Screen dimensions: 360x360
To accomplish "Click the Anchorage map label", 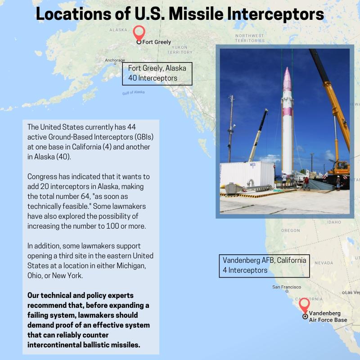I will coord(115,60).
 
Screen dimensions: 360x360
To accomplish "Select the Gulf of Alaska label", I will coord(133,93).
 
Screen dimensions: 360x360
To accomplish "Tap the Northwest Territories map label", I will coord(250,38).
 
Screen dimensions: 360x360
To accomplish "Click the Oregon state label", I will coord(290,230).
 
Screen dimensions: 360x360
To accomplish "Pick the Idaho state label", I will coord(334,222).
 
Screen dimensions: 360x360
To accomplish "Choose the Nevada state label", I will coord(324,263).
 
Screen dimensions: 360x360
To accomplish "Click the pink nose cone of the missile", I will coord(287,79).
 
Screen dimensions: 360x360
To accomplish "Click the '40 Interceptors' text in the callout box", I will coord(153,78).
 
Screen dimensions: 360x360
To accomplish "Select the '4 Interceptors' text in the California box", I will coord(245,270).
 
